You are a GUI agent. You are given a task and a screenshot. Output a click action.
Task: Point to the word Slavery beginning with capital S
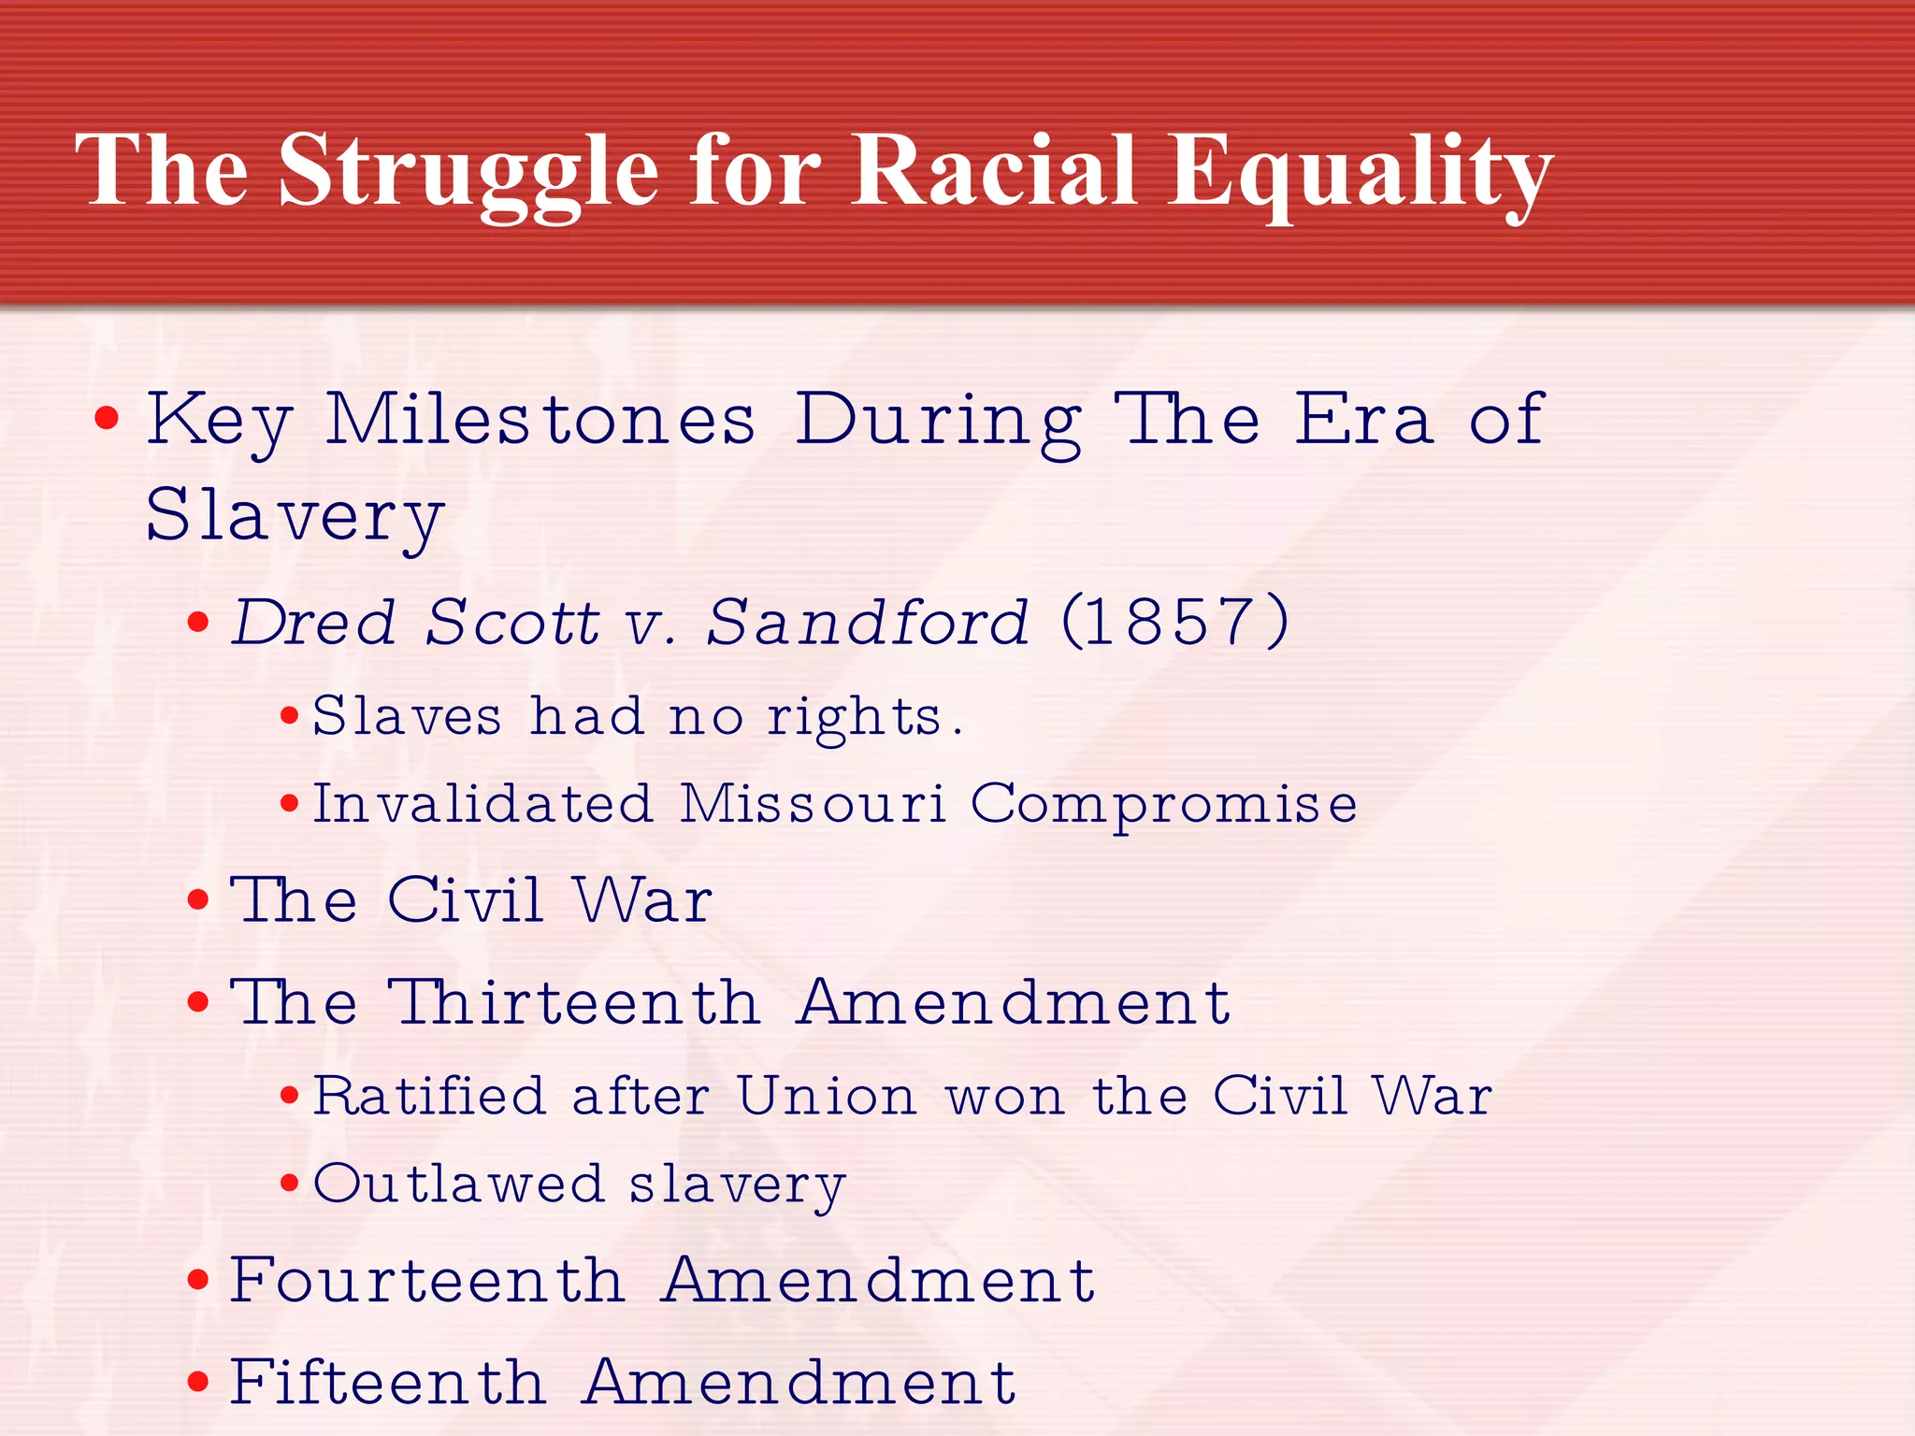pos(295,516)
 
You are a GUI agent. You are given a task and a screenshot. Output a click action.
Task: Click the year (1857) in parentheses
pos(1175,621)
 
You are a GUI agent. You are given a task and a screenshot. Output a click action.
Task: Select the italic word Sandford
pos(867,622)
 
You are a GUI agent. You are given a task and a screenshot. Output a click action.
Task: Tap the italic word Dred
pos(314,622)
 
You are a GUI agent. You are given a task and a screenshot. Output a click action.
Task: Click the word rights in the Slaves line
pos(855,718)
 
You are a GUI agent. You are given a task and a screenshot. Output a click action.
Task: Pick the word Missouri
pos(813,803)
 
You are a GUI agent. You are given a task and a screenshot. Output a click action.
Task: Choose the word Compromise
pos(1163,804)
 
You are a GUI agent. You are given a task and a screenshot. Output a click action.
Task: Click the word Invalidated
pos(482,803)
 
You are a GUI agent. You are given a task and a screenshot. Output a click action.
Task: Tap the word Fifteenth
pos(387,1381)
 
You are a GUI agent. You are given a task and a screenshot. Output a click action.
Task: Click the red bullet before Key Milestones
pos(107,418)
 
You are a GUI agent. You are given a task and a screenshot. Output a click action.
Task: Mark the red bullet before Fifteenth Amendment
pos(197,1382)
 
